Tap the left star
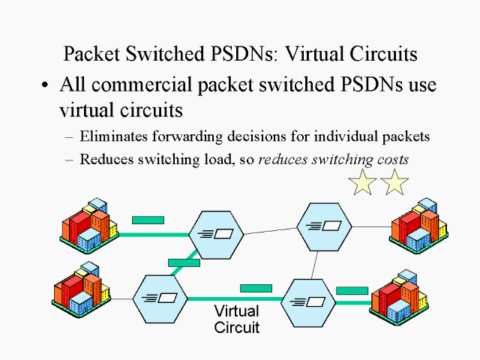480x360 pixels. tap(363, 182)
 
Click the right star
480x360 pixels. tap(394, 182)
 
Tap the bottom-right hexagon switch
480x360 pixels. tap(307, 302)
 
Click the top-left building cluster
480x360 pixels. tap(89, 224)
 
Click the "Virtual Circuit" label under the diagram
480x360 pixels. tap(236, 319)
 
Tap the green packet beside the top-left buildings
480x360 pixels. tap(148, 220)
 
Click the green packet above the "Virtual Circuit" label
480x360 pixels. tap(255, 288)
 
